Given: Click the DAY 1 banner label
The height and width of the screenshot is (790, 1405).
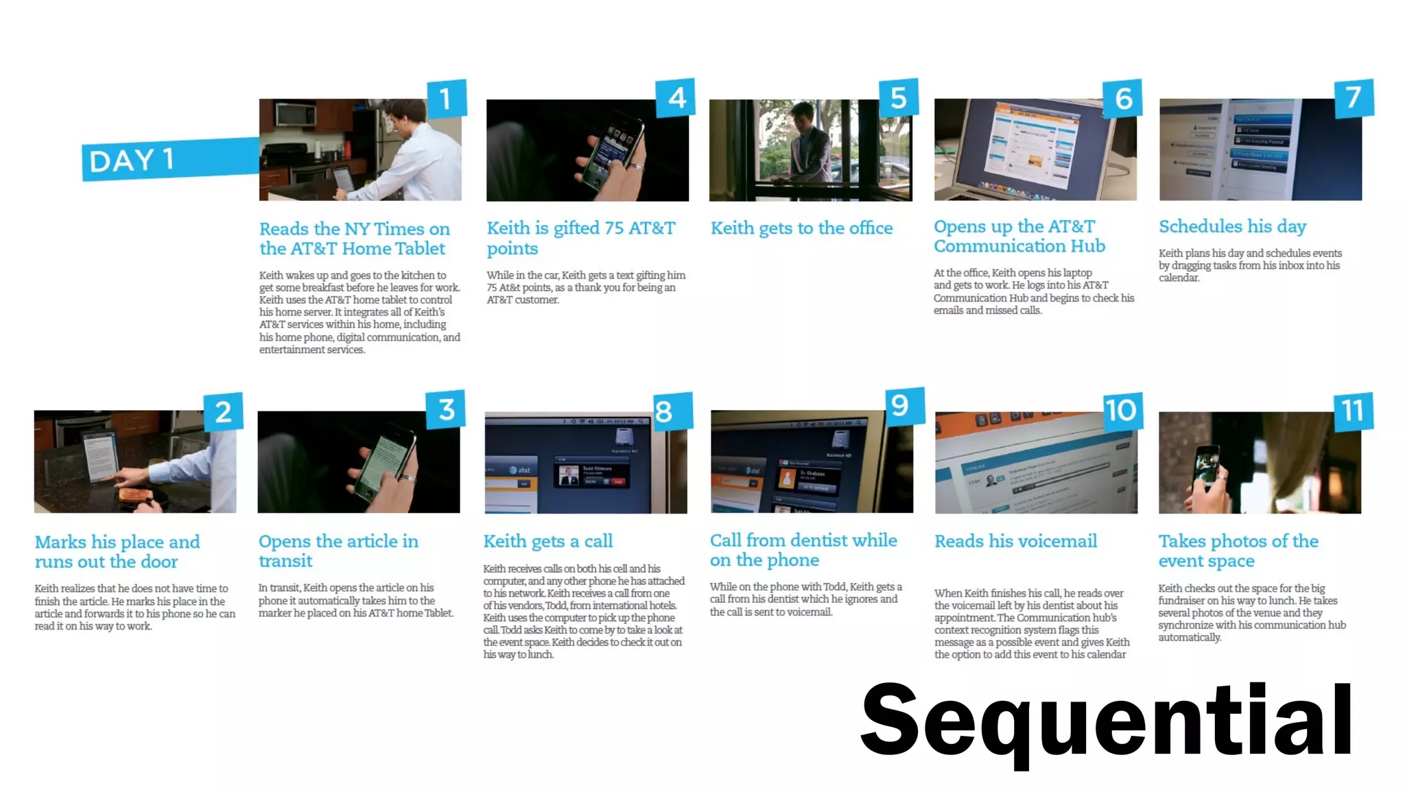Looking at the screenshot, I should (x=132, y=160).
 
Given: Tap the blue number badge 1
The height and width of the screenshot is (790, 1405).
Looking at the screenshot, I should (x=446, y=98).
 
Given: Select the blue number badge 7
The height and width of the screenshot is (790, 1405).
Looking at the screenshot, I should (x=1353, y=97).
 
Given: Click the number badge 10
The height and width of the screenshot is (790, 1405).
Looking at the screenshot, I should (x=1121, y=411).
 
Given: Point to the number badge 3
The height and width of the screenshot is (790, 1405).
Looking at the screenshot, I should (x=446, y=409).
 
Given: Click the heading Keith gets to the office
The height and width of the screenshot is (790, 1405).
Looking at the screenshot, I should (x=801, y=228).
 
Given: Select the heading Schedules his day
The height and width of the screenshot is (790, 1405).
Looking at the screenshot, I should (x=1232, y=226).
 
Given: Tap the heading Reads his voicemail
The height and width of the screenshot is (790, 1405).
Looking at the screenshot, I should (x=1015, y=541).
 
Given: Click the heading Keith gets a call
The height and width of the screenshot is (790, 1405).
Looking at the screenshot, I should (x=547, y=541).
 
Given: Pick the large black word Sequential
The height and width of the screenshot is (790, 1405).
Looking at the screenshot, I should (x=1106, y=720).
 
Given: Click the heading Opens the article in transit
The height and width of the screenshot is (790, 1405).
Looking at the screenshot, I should (x=338, y=551).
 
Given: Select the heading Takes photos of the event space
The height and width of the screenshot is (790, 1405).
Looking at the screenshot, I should (x=1238, y=551).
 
